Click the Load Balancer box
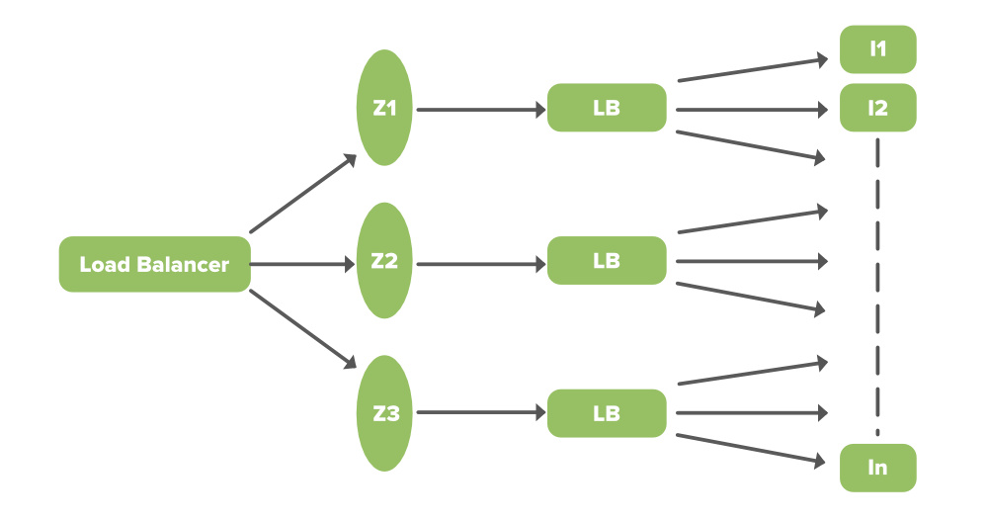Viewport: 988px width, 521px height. pyautogui.click(x=154, y=264)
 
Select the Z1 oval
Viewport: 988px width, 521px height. pyautogui.click(x=385, y=109)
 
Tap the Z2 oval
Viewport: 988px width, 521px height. pyautogui.click(x=385, y=261)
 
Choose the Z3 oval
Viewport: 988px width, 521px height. pyautogui.click(x=385, y=413)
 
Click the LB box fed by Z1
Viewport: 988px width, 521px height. pyautogui.click(x=607, y=109)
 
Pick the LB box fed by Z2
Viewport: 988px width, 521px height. pyautogui.click(x=607, y=261)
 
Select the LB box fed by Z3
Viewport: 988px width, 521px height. pyautogui.click(x=607, y=413)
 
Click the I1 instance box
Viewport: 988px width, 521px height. pyautogui.click(x=877, y=49)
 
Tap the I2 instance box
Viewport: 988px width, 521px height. pyautogui.click(x=877, y=109)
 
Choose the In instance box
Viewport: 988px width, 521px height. pyautogui.click(x=877, y=468)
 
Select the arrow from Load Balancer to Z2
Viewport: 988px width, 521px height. pyautogui.click(x=301, y=264)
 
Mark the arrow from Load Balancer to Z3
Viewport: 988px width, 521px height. pyautogui.click(x=303, y=331)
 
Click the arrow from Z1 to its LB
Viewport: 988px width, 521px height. pyautogui.click(x=481, y=110)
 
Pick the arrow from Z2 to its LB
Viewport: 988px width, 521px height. pyautogui.click(x=481, y=264)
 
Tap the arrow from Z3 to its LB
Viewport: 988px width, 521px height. pyautogui.click(x=481, y=414)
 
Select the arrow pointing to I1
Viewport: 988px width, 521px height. pyautogui.click(x=751, y=70)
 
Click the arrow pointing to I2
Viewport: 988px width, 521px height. pyautogui.click(x=751, y=110)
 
